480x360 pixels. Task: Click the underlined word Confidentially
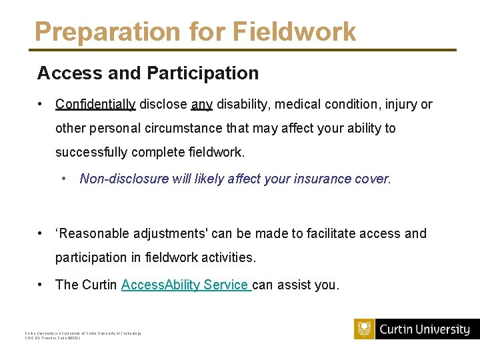click(95, 104)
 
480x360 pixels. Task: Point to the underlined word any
click(201, 104)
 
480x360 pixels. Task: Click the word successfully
click(91, 152)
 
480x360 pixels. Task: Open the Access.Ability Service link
click(186, 285)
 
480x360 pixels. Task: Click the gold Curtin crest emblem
click(364, 329)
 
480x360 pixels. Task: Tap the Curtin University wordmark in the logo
click(425, 329)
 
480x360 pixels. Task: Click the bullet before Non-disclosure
click(63, 179)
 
